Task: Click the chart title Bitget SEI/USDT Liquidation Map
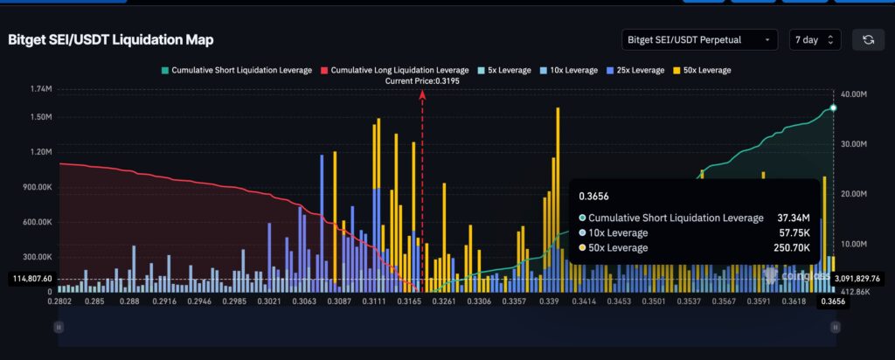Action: (x=111, y=40)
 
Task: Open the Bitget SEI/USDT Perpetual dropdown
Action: (x=698, y=39)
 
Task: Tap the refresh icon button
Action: (x=868, y=39)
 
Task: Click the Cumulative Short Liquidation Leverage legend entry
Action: (x=236, y=70)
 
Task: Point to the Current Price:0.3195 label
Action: (x=422, y=80)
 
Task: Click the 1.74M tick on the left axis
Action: (x=41, y=90)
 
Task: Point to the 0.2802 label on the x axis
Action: (x=59, y=301)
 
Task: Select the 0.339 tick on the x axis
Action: (x=550, y=301)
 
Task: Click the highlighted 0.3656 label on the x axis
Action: (x=831, y=301)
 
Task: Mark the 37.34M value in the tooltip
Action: (x=794, y=218)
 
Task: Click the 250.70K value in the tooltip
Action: (x=791, y=248)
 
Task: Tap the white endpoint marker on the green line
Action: (x=833, y=107)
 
